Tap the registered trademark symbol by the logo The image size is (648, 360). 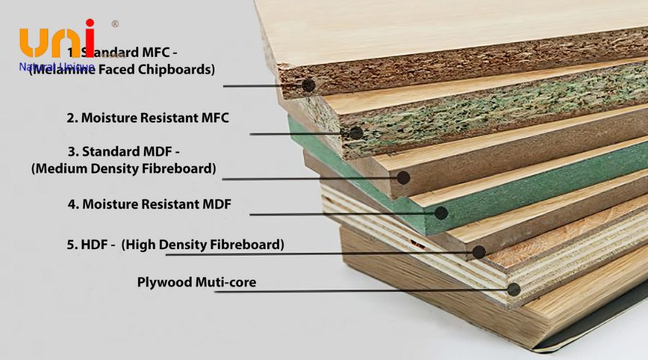click(x=114, y=24)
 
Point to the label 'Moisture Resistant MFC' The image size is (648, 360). click(x=148, y=117)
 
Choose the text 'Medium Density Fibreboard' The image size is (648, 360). click(x=124, y=168)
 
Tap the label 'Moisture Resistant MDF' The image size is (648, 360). click(x=149, y=204)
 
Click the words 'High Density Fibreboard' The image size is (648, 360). click(x=202, y=244)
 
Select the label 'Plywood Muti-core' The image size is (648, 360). click(x=197, y=282)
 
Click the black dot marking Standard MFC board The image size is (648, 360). click(x=309, y=85)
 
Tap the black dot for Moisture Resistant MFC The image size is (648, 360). click(x=356, y=133)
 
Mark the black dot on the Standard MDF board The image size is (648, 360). click(x=403, y=176)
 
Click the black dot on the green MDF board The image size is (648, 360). click(x=441, y=212)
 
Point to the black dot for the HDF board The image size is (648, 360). click(x=479, y=251)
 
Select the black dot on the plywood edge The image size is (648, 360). click(x=513, y=289)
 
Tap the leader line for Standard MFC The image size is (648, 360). click(x=259, y=86)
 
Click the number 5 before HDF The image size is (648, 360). click(x=71, y=244)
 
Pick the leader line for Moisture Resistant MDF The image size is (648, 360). click(x=338, y=214)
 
